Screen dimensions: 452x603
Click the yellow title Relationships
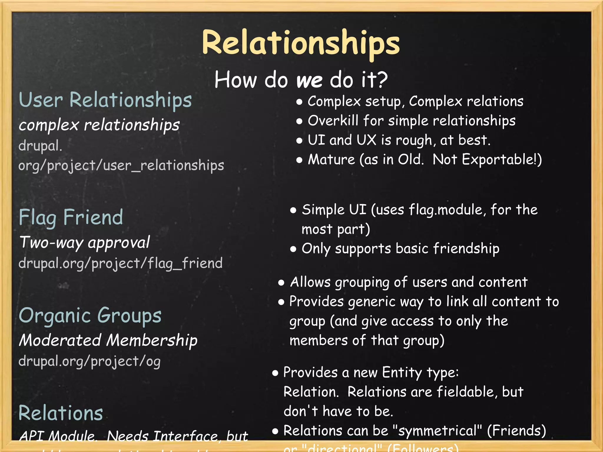301,44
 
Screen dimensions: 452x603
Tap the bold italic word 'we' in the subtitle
309,80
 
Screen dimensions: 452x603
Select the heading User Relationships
105,100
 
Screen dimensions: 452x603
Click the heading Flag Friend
71,217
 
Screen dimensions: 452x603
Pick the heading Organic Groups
90,315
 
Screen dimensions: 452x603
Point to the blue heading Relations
61,413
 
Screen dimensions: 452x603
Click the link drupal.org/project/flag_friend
120,263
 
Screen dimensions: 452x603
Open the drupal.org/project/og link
90,361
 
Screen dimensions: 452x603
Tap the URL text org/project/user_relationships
121,165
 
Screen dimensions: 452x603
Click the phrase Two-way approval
85,242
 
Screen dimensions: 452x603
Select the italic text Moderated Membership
108,340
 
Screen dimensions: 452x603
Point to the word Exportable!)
502,160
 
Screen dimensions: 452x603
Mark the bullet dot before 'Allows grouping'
281,283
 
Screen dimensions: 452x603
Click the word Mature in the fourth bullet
331,160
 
